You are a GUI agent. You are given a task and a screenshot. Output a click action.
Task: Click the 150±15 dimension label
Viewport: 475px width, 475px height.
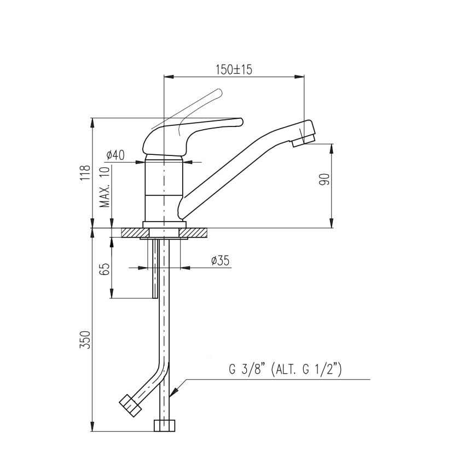[x=233, y=69]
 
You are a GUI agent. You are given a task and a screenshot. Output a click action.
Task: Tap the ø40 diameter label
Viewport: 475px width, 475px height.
[x=115, y=155]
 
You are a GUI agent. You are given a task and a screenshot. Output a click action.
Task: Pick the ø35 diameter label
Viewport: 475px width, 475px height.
[x=219, y=260]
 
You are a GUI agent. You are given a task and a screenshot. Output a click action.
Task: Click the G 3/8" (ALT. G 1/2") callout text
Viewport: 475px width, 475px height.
[x=285, y=370]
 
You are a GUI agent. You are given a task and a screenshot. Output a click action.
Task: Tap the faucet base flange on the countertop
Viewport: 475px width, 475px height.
[x=164, y=224]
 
